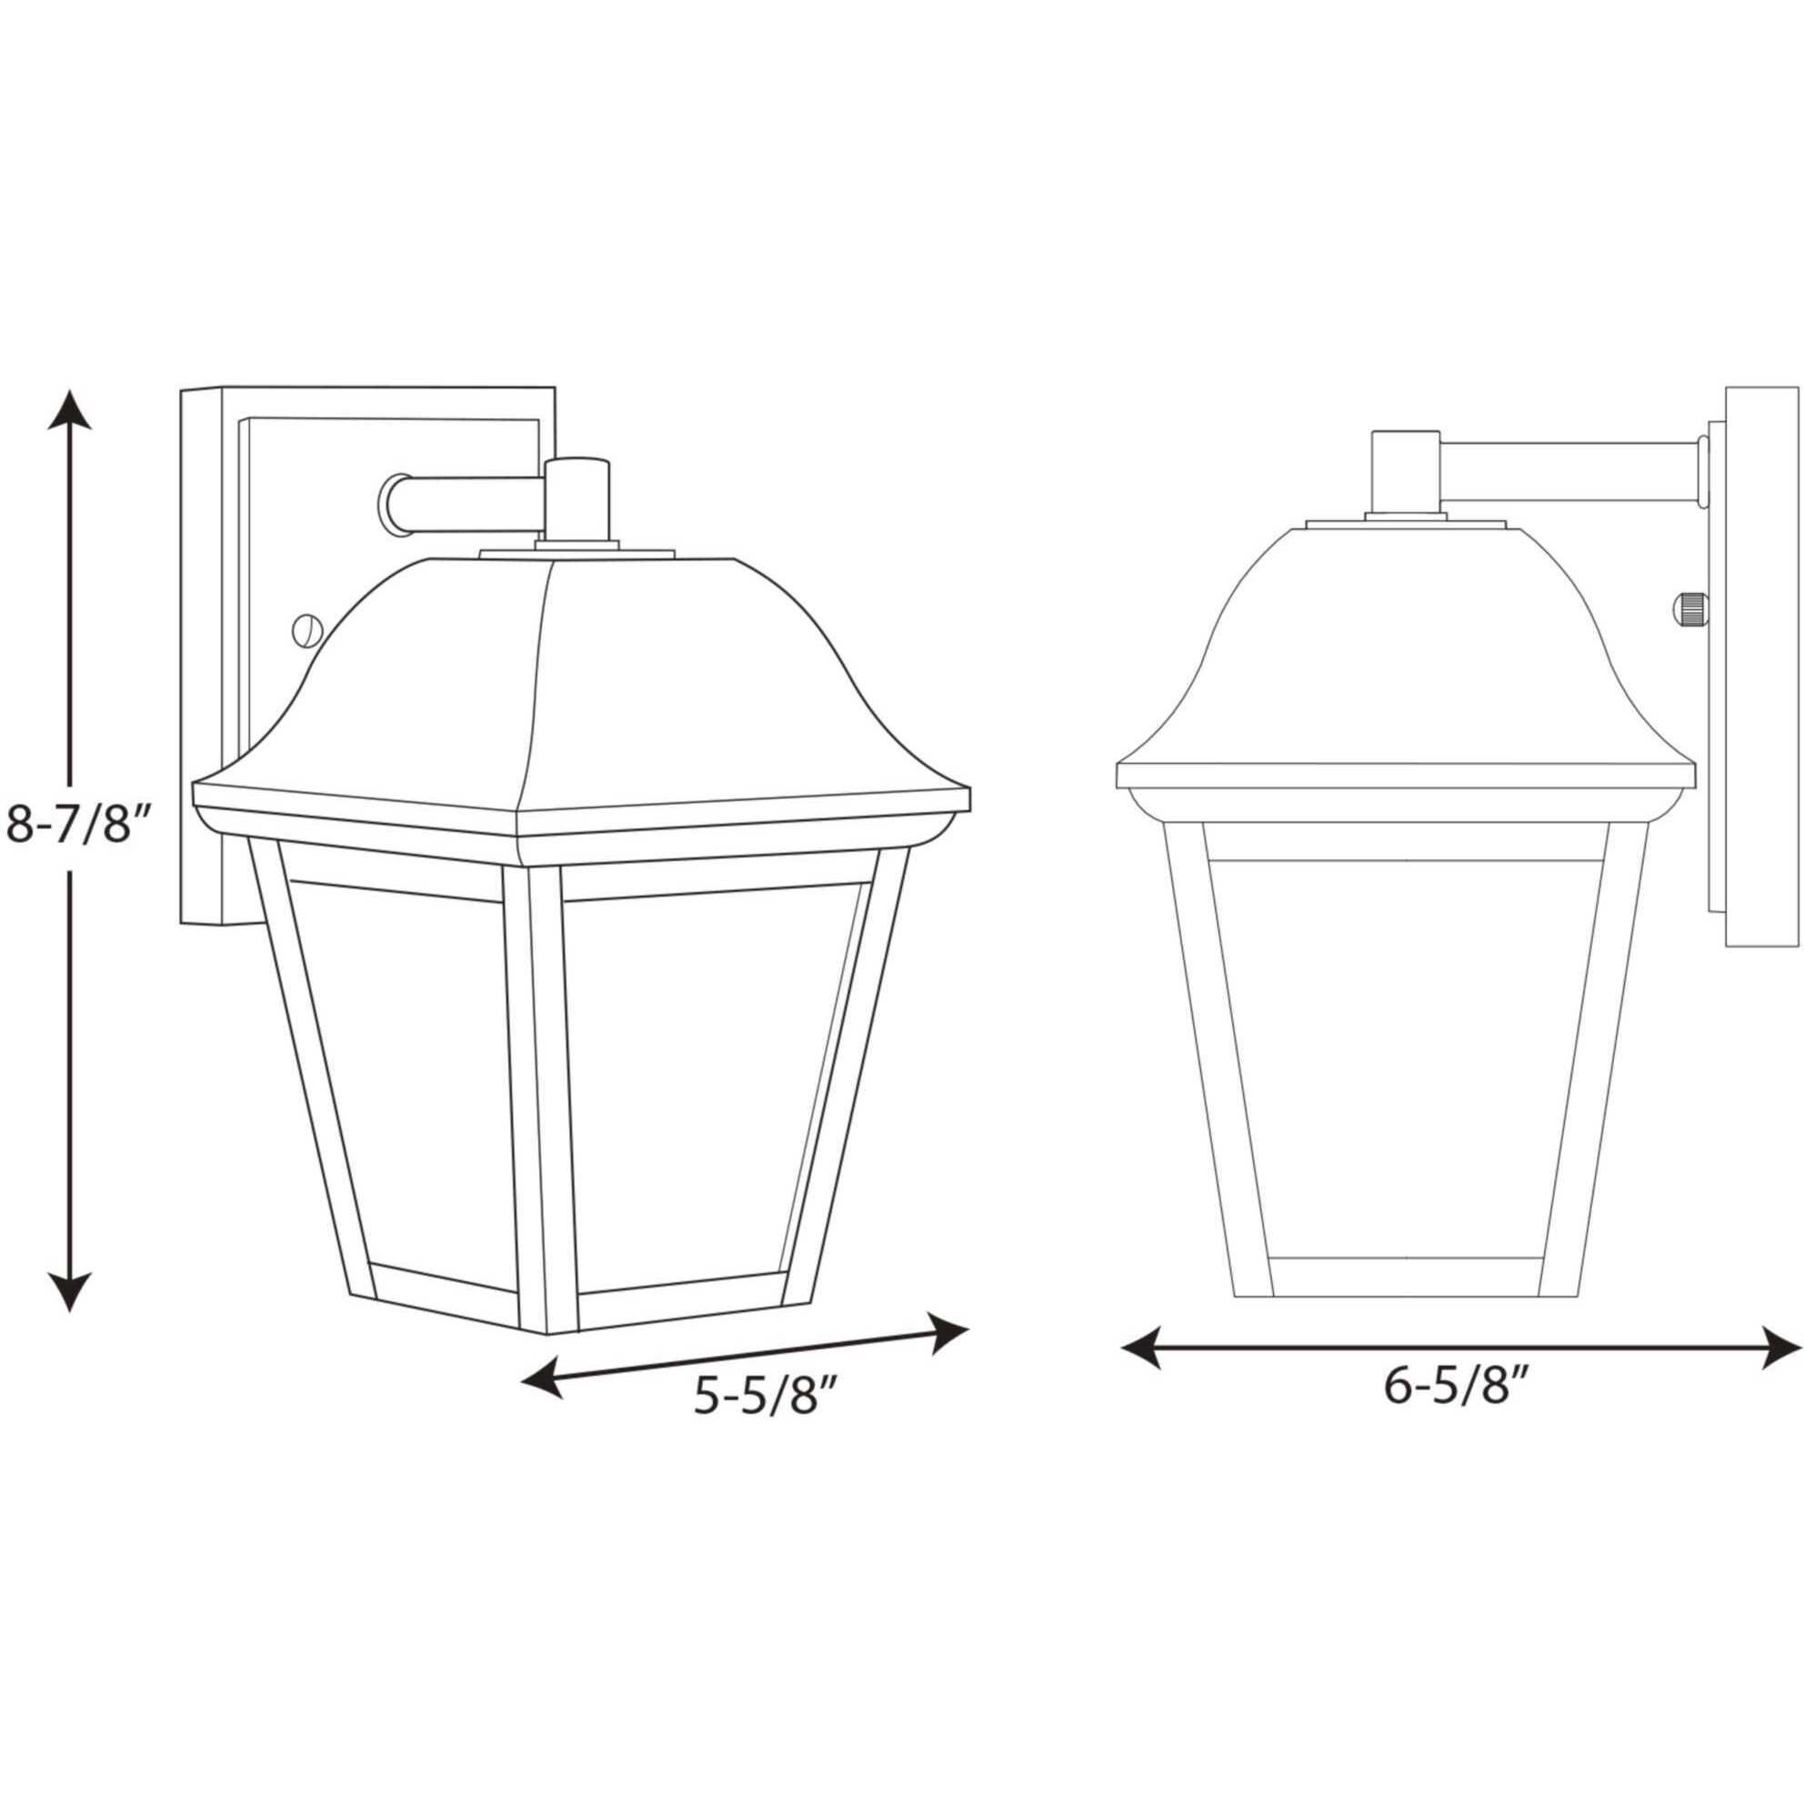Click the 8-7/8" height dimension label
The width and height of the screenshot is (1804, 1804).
click(x=78, y=825)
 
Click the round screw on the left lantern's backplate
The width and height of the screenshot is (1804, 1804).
click(x=306, y=630)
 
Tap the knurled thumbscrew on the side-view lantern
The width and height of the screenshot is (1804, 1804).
click(x=1689, y=610)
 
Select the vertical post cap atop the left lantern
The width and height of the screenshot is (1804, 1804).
click(x=576, y=499)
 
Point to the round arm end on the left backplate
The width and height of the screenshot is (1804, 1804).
click(x=392, y=506)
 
